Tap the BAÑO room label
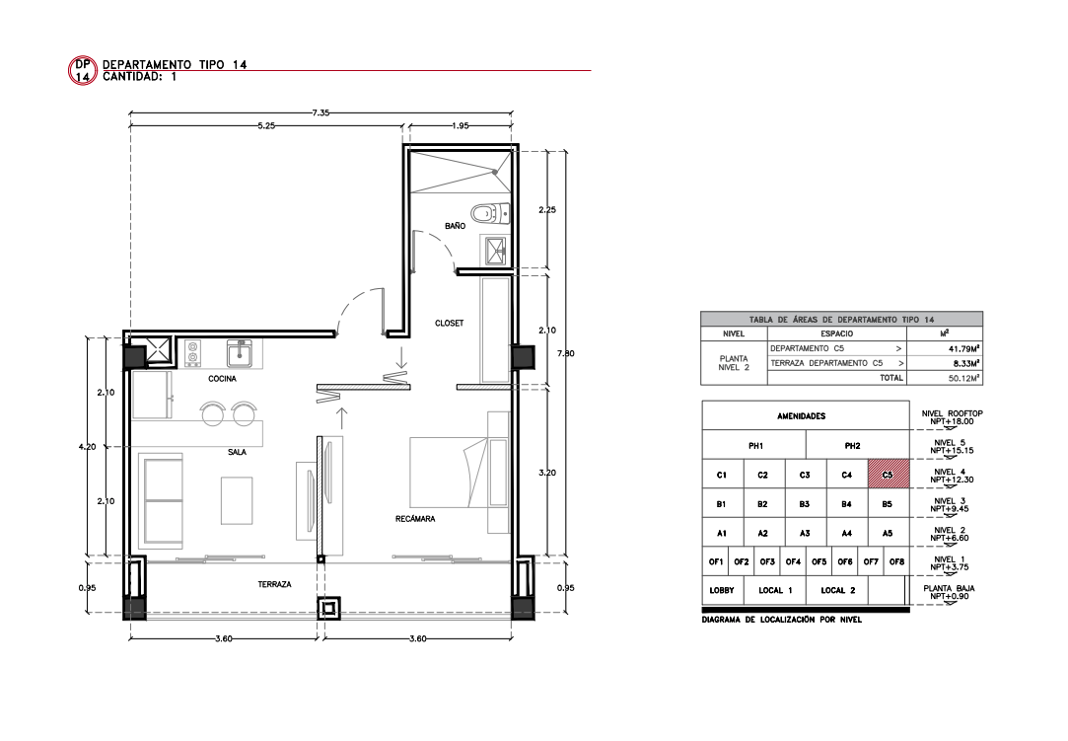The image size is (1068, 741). pos(455,226)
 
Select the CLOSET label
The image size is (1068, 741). pos(449,323)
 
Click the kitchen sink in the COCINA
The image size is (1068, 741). pos(240,354)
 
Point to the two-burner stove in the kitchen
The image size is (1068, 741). pos(192,351)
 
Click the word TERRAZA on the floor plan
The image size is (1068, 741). pos(274,584)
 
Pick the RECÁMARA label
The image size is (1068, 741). pos(415,519)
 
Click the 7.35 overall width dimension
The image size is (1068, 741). pos(320,112)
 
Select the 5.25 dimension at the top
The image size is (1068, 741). pos(266,125)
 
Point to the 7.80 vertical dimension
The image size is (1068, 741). pos(565,353)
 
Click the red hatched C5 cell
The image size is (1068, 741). pos(889,475)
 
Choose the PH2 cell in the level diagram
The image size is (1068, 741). pos(852,446)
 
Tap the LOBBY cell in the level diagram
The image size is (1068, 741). pos(721,590)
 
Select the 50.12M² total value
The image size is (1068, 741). pos(963,378)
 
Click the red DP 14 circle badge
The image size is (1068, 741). pos(83,70)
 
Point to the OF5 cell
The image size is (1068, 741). pos(819,561)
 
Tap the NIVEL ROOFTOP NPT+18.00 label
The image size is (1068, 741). pos(953,417)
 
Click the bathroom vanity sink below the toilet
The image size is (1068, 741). pos(494,250)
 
